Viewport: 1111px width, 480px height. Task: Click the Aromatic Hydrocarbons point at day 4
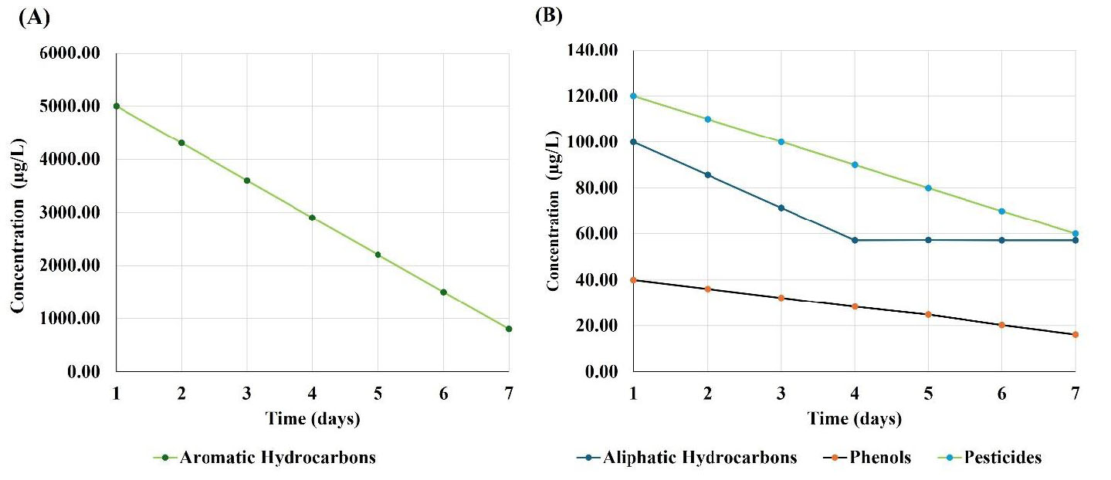pyautogui.click(x=312, y=218)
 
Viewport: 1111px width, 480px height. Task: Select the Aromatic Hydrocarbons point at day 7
pyautogui.click(x=509, y=329)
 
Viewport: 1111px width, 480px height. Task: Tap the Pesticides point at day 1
pyautogui.click(x=634, y=96)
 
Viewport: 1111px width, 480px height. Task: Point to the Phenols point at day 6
pyautogui.click(x=1002, y=325)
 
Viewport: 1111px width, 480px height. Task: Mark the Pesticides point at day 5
pyautogui.click(x=928, y=188)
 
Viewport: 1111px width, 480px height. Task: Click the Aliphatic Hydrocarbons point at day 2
pyautogui.click(x=707, y=175)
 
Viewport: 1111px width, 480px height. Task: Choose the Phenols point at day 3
pyautogui.click(x=781, y=298)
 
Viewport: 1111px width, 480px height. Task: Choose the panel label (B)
pyautogui.click(x=550, y=16)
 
